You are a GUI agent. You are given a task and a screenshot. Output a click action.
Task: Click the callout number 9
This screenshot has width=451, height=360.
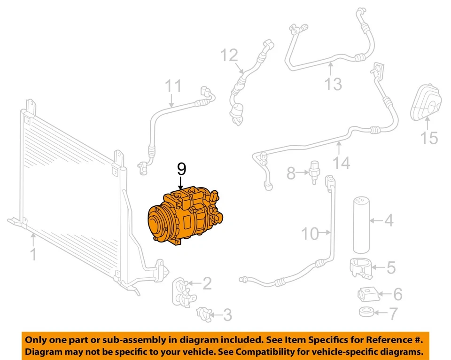click(x=181, y=169)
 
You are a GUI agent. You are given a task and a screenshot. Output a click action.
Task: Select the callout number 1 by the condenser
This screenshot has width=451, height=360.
click(x=33, y=255)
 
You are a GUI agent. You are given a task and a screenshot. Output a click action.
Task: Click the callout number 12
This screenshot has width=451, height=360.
click(x=230, y=56)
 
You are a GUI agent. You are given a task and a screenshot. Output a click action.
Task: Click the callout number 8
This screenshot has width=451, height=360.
click(x=291, y=174)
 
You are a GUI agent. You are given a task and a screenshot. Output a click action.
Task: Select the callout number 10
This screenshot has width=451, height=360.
click(x=310, y=233)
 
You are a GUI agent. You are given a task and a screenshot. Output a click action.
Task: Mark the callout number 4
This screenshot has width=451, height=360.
click(x=389, y=219)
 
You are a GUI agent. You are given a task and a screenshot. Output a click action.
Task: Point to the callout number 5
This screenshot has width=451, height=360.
click(x=391, y=268)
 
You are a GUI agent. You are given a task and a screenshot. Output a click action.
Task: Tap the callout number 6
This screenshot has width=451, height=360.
click(x=397, y=295)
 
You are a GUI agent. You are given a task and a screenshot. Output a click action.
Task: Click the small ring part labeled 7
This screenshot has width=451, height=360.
click(x=365, y=311)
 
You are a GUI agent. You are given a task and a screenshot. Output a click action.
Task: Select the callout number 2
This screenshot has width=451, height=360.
click(x=207, y=283)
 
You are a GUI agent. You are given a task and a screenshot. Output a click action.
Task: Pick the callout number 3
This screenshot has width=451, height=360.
click(x=226, y=314)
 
